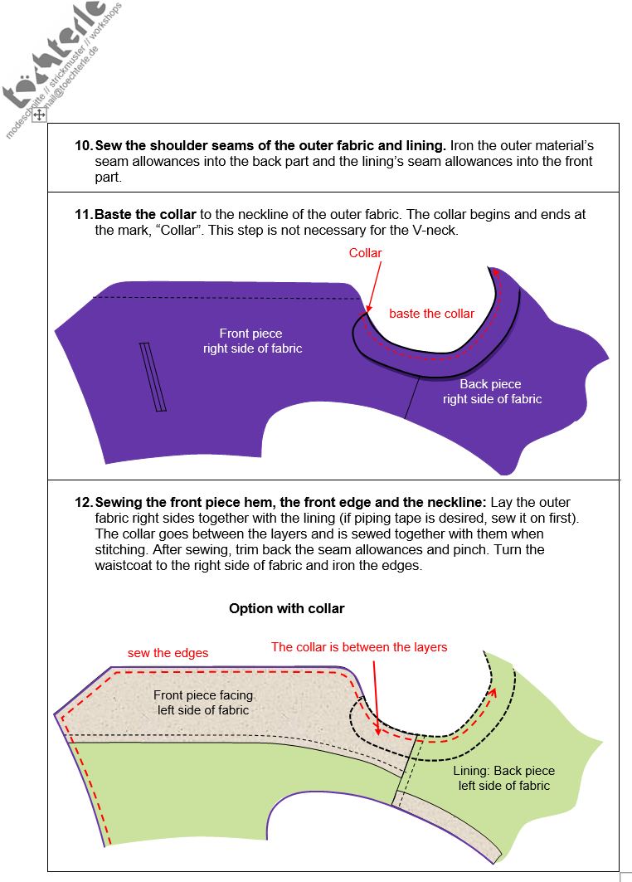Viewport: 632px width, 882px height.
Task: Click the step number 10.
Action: pos(84,145)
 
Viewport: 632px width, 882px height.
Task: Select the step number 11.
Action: pos(84,214)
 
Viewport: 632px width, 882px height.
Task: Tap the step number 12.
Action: pos(84,503)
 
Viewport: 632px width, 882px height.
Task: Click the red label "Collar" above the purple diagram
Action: pos(365,252)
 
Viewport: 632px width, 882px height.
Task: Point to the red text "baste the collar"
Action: pos(431,314)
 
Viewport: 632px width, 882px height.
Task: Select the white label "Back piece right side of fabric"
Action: pos(491,392)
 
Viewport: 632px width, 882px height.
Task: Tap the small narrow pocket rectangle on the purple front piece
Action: pos(153,377)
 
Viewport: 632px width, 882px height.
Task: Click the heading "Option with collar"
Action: pos(286,608)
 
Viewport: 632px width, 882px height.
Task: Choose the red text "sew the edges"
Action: pos(168,653)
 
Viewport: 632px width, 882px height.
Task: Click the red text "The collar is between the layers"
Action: pos(359,647)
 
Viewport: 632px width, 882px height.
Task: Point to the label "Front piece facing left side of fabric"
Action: pos(203,702)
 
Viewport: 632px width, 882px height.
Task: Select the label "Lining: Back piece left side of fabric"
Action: pos(503,777)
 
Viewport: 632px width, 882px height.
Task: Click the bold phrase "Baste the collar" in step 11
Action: pos(145,214)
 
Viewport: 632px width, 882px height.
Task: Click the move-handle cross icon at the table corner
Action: pos(40,116)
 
